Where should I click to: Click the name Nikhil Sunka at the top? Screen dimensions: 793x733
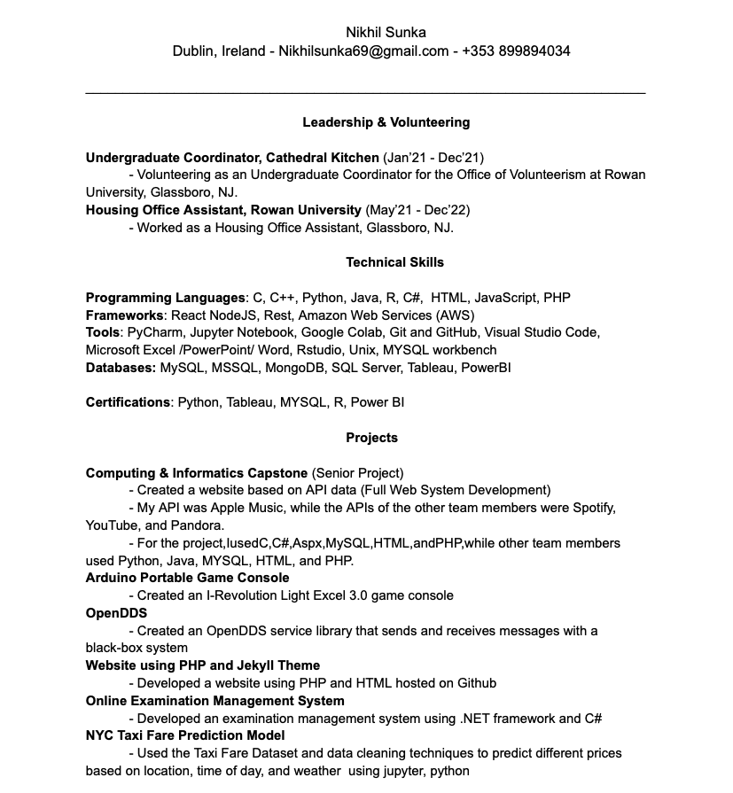click(386, 33)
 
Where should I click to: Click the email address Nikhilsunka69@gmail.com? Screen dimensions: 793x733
click(363, 51)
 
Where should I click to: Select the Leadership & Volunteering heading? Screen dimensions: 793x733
click(386, 122)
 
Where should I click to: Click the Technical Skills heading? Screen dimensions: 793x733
click(394, 262)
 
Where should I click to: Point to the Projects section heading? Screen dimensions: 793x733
click(372, 438)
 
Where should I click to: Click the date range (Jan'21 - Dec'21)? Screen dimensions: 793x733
click(433, 158)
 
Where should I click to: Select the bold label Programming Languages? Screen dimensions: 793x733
click(165, 298)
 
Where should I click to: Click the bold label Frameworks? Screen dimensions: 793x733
click(125, 315)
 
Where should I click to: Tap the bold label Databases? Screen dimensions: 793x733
click(121, 368)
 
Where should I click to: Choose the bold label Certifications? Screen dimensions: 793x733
click(128, 402)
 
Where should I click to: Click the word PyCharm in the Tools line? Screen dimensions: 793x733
click(154, 332)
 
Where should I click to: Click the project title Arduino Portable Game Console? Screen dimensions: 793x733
click(187, 578)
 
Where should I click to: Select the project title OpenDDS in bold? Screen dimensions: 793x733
click(116, 613)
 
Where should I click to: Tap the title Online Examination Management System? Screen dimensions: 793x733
click(214, 701)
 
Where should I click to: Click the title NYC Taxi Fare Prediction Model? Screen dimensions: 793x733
click(185, 735)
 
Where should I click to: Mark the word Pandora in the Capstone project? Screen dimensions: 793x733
click(198, 525)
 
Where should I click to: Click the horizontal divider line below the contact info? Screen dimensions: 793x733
click(365, 92)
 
